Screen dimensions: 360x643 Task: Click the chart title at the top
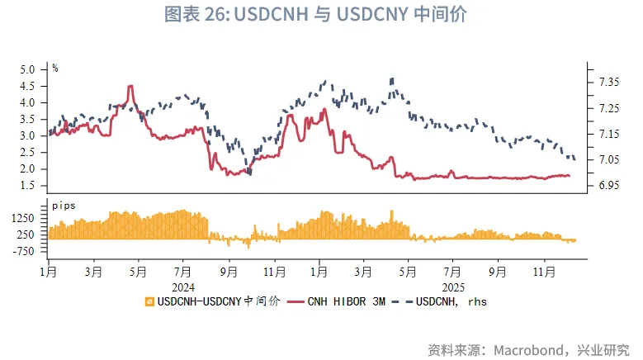321,14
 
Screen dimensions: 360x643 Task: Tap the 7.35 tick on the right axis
609,82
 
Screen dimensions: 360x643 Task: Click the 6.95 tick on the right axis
609,185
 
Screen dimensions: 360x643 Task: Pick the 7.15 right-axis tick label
609,134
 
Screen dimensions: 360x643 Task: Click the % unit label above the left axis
55,68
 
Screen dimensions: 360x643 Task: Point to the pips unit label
63,203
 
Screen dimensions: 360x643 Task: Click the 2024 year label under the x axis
182,286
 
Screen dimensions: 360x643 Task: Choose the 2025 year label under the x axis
453,286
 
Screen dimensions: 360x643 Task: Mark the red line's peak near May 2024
130,86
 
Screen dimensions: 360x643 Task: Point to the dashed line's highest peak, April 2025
391,78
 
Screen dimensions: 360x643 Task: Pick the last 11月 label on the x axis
543,270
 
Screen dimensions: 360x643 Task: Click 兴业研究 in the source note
605,348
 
